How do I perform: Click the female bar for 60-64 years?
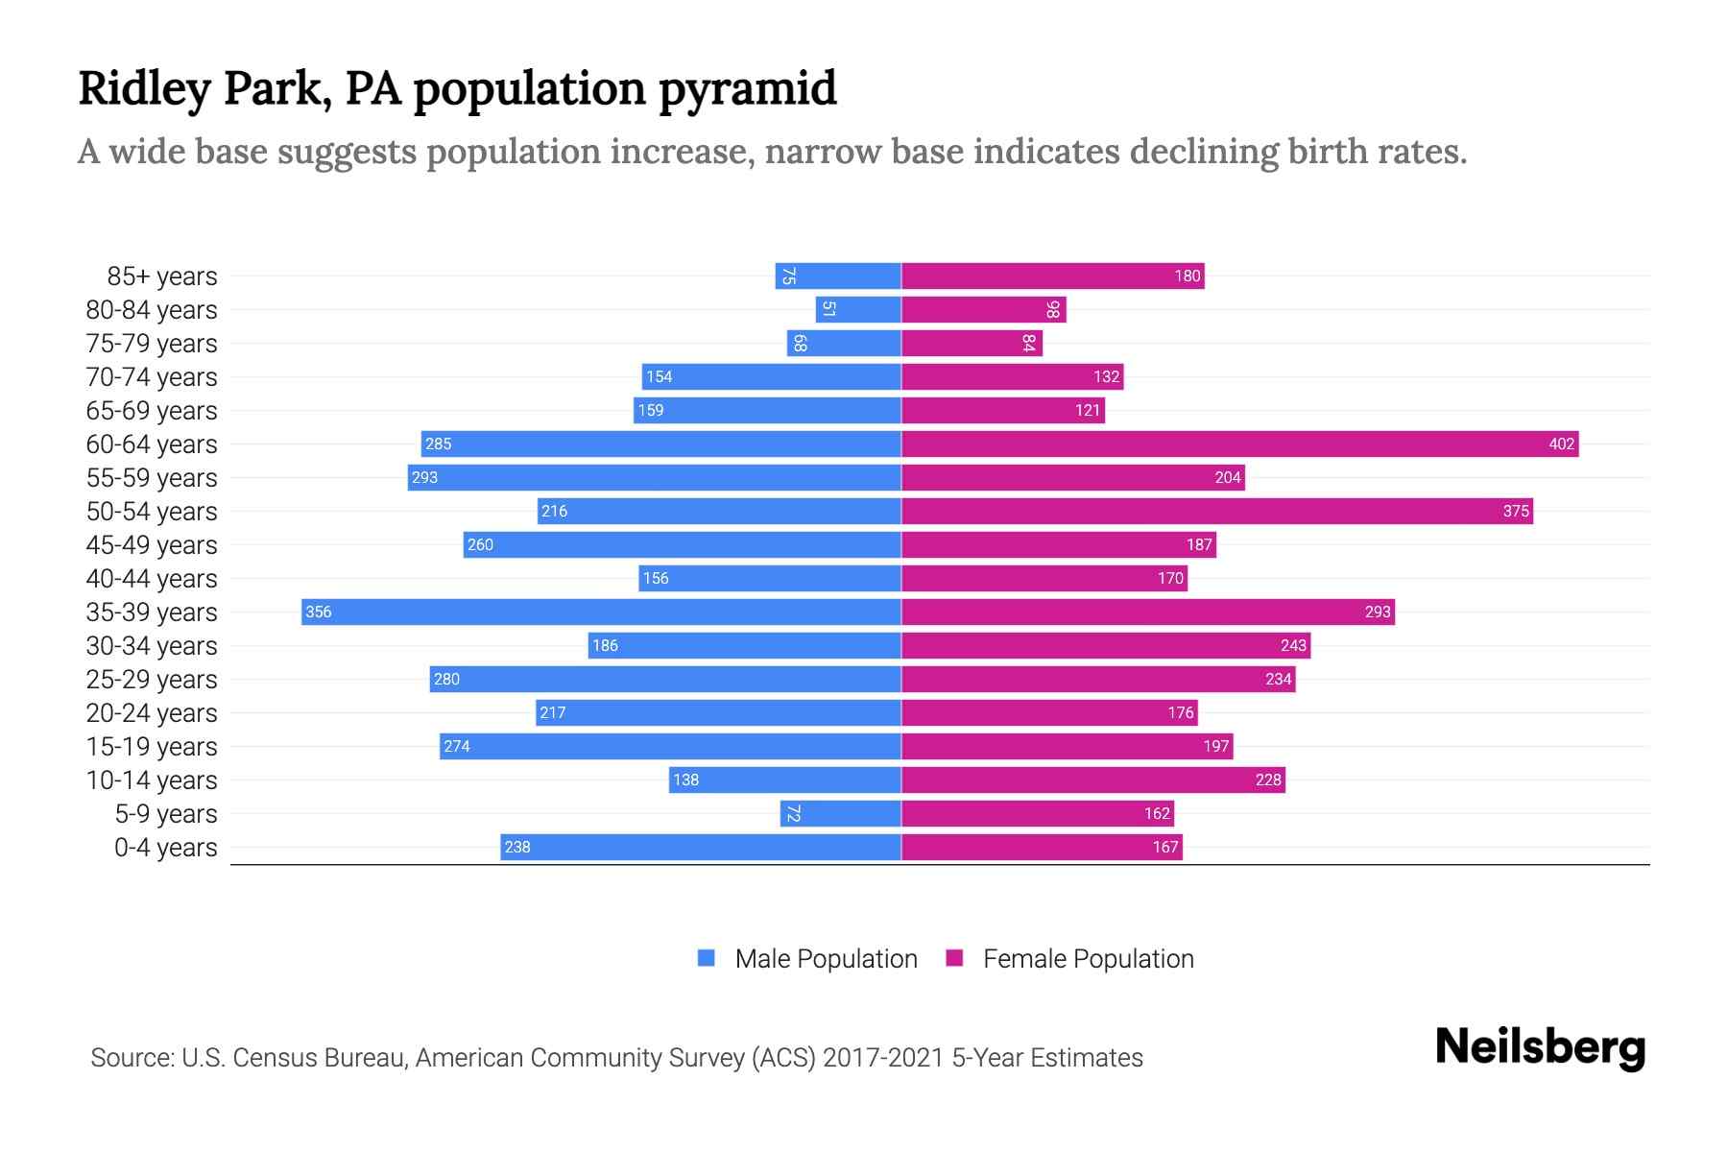1238,444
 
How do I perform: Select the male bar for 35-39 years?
601,612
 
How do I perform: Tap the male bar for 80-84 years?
858,309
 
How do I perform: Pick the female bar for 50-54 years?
1216,511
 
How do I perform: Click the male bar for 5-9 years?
841,813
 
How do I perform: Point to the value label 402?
1561,444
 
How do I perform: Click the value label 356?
319,612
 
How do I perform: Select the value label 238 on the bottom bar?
517,847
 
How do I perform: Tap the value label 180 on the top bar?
1187,276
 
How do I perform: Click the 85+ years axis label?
162,276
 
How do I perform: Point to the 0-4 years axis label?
165,848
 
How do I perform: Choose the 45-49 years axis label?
152,545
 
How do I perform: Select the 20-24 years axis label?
152,713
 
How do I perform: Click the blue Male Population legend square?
707,958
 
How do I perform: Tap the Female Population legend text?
1088,958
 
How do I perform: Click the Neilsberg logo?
1540,1047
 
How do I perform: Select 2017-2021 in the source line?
882,1058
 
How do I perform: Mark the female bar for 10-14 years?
1093,780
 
